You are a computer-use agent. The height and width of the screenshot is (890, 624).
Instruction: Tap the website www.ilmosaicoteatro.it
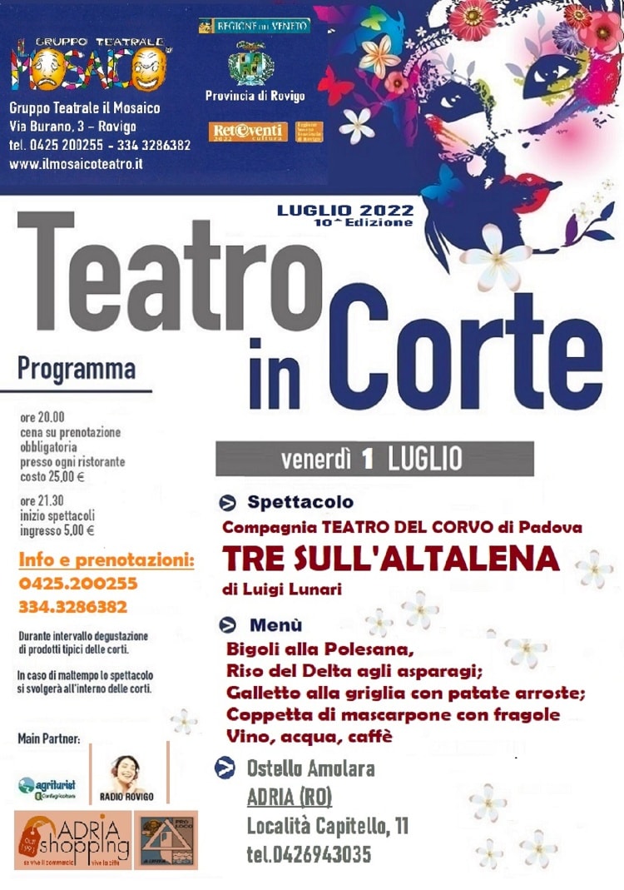point(76,164)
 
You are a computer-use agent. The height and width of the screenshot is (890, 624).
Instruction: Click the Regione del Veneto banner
point(255,26)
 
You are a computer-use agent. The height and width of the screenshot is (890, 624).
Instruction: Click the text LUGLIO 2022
point(345,211)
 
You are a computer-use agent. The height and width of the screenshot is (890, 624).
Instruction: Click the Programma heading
point(77,367)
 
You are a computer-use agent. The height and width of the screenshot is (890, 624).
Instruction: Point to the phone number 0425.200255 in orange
point(77,583)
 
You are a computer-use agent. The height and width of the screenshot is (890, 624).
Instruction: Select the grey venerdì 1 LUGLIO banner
point(374,458)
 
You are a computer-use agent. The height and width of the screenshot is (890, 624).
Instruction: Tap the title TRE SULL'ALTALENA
point(391,559)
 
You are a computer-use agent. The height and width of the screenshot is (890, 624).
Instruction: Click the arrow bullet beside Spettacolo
point(227,502)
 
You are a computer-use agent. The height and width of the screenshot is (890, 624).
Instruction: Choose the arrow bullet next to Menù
point(227,624)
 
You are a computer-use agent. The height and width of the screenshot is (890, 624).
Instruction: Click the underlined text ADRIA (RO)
point(289,798)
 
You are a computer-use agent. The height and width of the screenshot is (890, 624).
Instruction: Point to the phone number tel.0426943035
point(309,854)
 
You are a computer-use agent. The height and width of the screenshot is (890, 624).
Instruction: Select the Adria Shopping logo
point(72,839)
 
